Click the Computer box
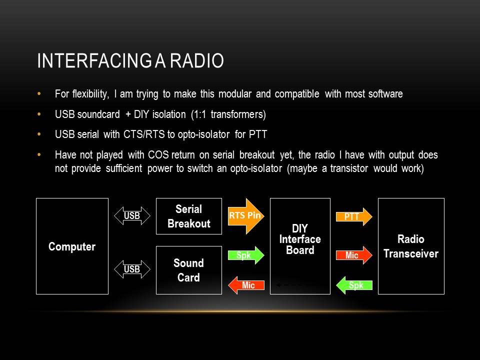pos(72,246)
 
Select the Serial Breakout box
pos(189,216)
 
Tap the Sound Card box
pos(189,270)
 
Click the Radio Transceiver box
pos(411,246)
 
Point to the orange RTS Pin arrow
pos(245,216)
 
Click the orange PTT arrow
pos(354,217)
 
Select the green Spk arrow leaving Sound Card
pos(245,255)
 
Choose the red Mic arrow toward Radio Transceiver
pos(354,255)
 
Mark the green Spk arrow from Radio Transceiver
pos(354,285)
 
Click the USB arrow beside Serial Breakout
pos(132,216)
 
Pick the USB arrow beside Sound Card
pos(132,269)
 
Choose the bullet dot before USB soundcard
pos(40,114)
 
